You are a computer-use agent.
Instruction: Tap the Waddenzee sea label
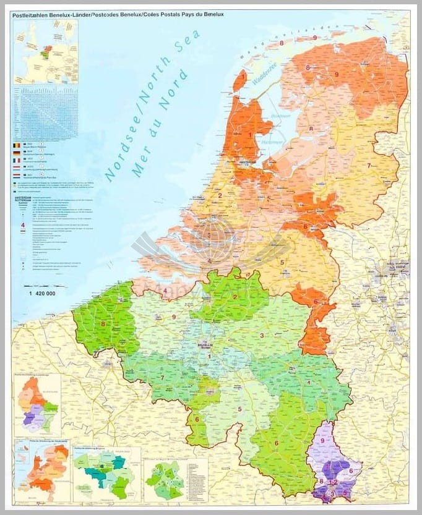point(267,86)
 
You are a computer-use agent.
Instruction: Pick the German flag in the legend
point(17,151)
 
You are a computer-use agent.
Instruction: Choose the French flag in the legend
point(17,159)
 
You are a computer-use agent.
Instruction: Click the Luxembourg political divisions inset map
point(38,405)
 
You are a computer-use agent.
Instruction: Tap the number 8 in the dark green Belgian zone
point(103,323)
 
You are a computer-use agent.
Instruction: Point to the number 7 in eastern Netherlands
point(369,166)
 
